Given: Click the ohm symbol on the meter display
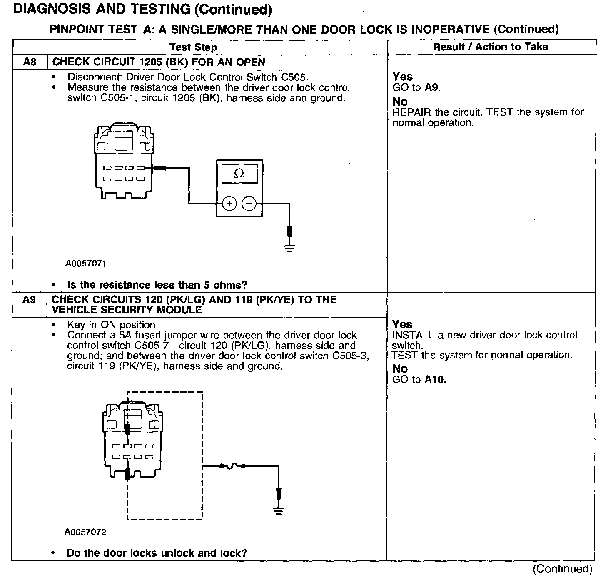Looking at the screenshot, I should pyautogui.click(x=239, y=174).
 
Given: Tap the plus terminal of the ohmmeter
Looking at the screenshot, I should pyautogui.click(x=229, y=204).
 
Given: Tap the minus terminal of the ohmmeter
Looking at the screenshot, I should pyautogui.click(x=249, y=204).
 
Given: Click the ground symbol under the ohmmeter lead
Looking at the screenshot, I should pyautogui.click(x=289, y=249).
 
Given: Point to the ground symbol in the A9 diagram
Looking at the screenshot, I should pyautogui.click(x=279, y=511).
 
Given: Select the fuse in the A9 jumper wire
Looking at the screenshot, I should pyautogui.click(x=232, y=466).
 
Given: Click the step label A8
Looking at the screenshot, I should pyautogui.click(x=30, y=62).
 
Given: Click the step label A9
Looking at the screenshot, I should pyautogui.click(x=29, y=300).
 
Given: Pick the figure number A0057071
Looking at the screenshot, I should pyautogui.click(x=86, y=264).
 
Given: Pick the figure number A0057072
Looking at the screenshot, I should pyautogui.click(x=85, y=532).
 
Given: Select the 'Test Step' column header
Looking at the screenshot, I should pyautogui.click(x=193, y=47).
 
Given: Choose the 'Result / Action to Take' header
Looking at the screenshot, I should pyautogui.click(x=491, y=47).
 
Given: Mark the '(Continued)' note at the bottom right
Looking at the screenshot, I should pyautogui.click(x=562, y=569).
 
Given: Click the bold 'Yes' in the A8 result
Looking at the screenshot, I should pyautogui.click(x=402, y=77).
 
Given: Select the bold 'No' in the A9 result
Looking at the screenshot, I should pyautogui.click(x=400, y=368).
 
